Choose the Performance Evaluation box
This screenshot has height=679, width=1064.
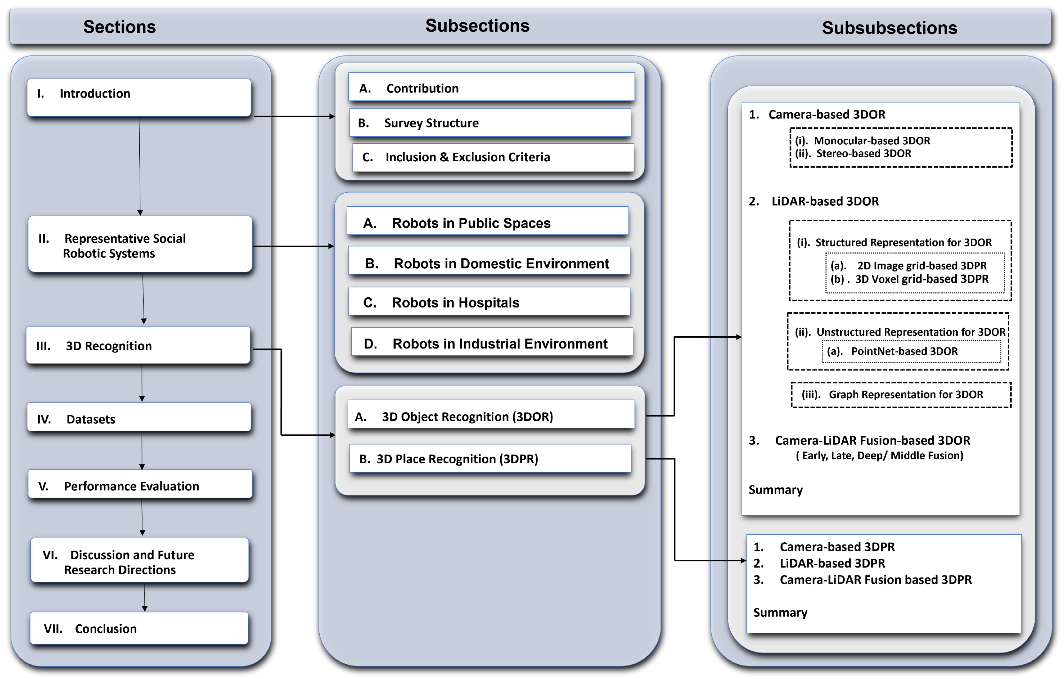(140, 485)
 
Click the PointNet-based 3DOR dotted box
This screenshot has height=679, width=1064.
(911, 351)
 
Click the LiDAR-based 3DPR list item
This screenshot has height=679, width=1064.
(832, 563)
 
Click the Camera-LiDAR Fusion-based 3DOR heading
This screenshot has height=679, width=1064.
(872, 440)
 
